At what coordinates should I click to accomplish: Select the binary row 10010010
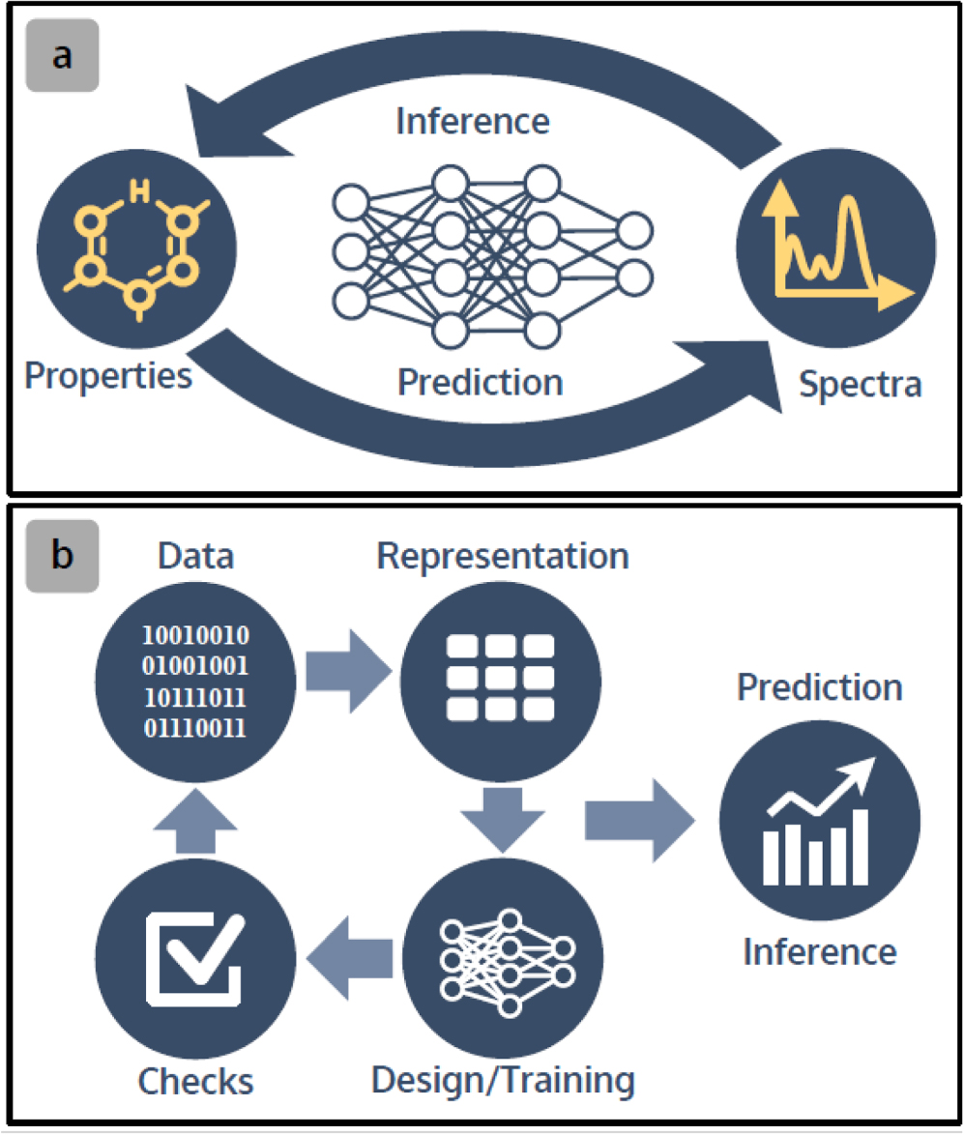click(x=197, y=635)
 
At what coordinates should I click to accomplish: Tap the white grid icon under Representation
click(x=500, y=677)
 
